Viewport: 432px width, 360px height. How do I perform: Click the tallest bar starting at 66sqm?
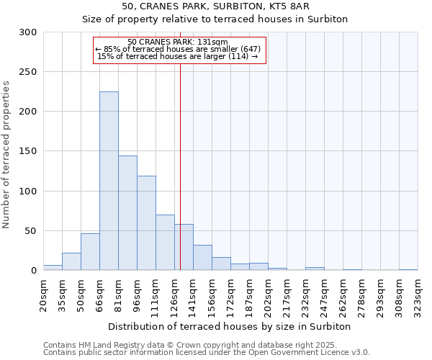point(109,181)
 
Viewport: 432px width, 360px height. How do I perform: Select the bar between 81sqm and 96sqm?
point(127,213)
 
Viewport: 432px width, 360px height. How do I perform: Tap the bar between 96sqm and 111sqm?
point(146,223)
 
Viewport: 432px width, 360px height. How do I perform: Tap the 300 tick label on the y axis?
point(27,32)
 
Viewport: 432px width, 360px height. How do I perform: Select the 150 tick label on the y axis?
point(27,151)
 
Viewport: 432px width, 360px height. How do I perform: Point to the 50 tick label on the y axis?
point(30,231)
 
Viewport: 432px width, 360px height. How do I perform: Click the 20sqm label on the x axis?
point(43,295)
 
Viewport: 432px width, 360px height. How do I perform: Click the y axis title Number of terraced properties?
point(6,154)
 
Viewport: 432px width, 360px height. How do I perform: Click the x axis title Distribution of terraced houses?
point(230,326)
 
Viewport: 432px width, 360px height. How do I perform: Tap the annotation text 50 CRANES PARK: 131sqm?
point(177,42)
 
